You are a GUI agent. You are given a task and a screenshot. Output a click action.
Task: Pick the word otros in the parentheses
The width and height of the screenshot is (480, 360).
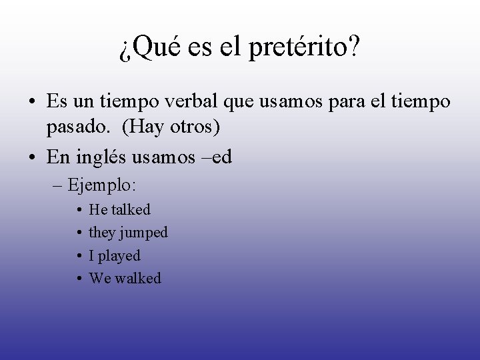[203, 127]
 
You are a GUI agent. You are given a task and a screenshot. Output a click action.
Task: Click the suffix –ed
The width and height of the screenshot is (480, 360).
[244, 156]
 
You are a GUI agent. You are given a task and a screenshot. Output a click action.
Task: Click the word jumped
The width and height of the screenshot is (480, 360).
[141, 233]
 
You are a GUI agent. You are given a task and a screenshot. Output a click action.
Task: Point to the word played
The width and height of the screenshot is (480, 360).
[119, 256]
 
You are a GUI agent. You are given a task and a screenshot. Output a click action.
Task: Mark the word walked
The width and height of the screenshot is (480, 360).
[138, 279]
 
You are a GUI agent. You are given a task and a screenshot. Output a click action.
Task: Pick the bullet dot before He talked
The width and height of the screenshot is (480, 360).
[79, 210]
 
